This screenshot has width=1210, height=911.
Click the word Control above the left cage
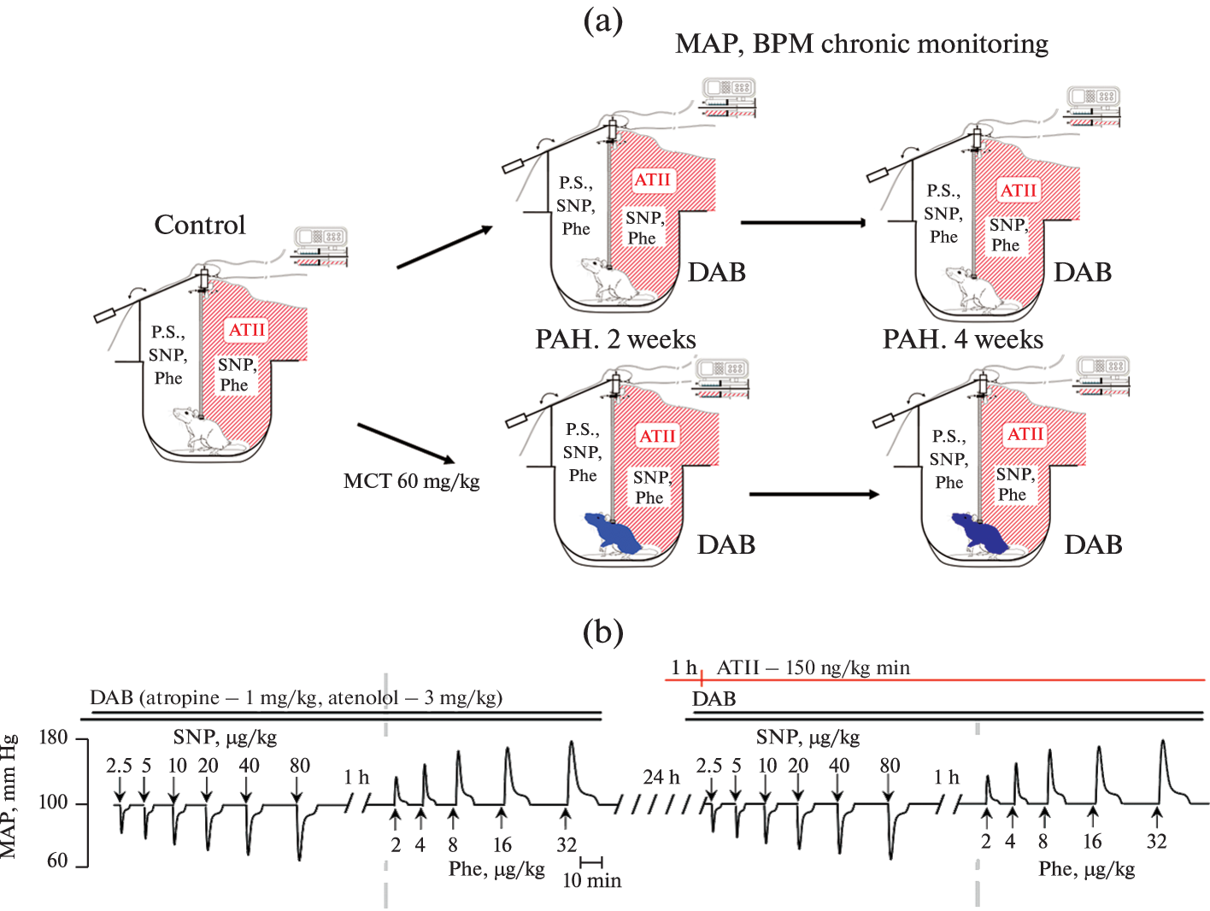click(x=200, y=225)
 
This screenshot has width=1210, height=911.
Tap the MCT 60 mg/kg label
click(x=411, y=481)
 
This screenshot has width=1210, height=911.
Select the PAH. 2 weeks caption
click(x=615, y=339)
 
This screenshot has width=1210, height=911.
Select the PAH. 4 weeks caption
click(x=962, y=339)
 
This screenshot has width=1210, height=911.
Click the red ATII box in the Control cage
click(x=246, y=330)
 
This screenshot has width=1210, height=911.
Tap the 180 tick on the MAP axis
click(x=54, y=738)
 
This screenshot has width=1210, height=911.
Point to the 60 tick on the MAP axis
click(x=57, y=861)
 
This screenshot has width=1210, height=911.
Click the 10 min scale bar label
click(x=591, y=880)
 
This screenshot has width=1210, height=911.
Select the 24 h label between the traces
click(x=661, y=777)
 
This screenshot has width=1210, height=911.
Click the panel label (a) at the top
click(x=602, y=20)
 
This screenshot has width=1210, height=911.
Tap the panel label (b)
click(x=602, y=632)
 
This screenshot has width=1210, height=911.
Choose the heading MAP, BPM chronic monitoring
click(x=861, y=44)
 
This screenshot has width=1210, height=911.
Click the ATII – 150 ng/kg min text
click(x=813, y=667)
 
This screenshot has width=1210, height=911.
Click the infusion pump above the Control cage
click(x=320, y=244)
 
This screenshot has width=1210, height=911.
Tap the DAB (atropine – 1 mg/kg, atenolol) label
click(x=296, y=698)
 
